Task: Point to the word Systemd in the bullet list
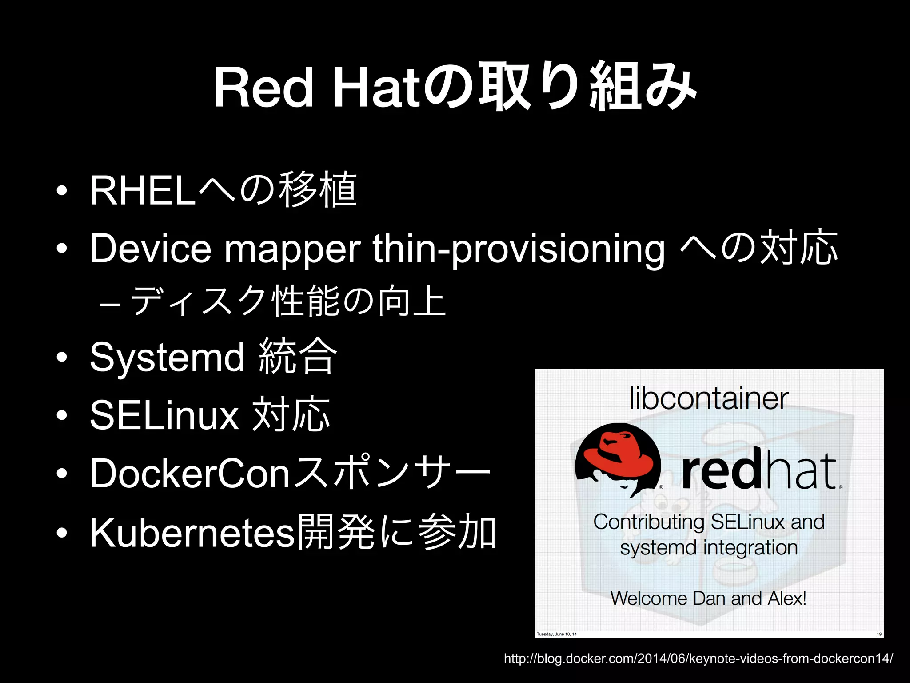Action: (x=167, y=357)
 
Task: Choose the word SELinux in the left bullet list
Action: (x=164, y=414)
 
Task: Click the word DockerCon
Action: (x=190, y=473)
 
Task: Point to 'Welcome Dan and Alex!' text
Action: (x=708, y=598)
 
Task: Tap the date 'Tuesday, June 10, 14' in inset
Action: (x=556, y=634)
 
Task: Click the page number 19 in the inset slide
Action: (x=879, y=634)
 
